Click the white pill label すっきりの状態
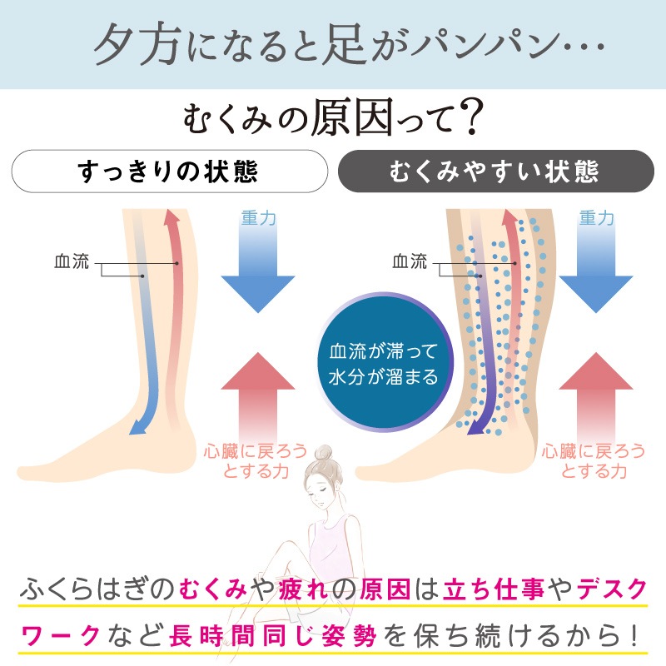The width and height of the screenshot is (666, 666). [x=170, y=171]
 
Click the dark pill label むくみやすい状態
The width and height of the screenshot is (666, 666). [x=495, y=171]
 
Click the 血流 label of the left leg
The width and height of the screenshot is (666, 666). [x=72, y=261]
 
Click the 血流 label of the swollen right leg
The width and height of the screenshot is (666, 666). [x=410, y=261]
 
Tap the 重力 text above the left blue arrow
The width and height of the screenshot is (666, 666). [x=259, y=218]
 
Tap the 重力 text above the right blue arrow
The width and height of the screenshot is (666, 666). [x=597, y=218]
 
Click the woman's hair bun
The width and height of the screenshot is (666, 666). [x=326, y=453]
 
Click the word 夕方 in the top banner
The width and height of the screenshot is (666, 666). [x=137, y=44]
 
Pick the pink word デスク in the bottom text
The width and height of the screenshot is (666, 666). [x=612, y=589]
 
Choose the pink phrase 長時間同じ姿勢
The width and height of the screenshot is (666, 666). [x=273, y=636]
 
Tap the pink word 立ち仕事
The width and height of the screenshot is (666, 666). [x=494, y=589]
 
